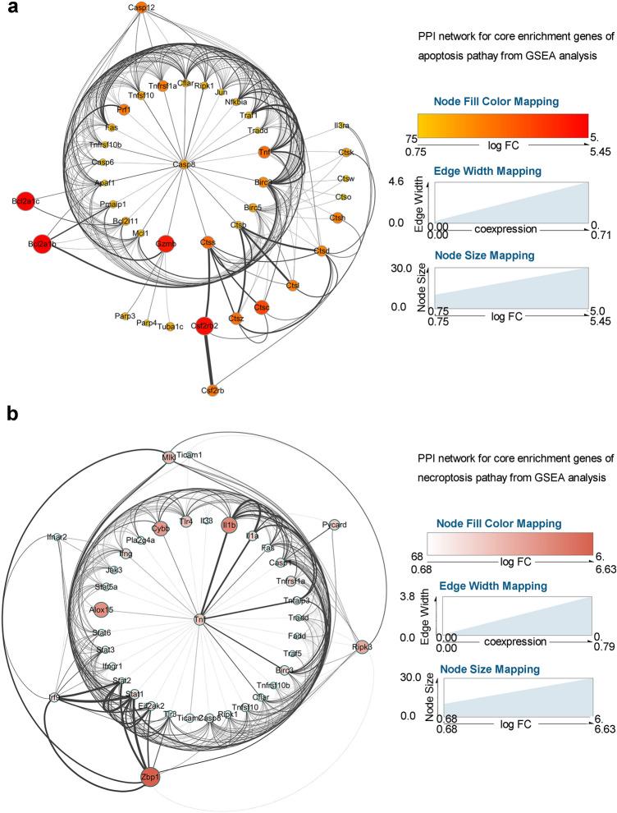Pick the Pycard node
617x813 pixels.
click(x=334, y=524)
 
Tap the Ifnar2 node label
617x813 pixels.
click(x=56, y=537)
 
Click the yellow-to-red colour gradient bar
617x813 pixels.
click(x=502, y=125)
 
